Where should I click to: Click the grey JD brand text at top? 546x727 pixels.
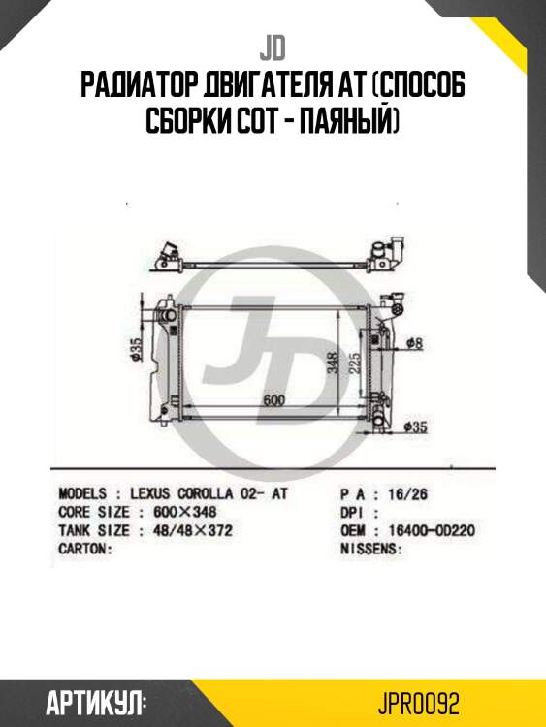pyautogui.click(x=273, y=50)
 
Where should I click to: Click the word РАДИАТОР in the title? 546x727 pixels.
pyautogui.click(x=140, y=85)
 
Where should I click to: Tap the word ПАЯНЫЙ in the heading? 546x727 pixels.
pyautogui.click(x=349, y=120)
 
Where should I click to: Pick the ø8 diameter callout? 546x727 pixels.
pyautogui.click(x=414, y=343)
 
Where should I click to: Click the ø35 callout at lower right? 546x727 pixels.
pyautogui.click(x=415, y=427)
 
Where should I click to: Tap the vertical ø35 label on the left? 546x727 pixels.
pyautogui.click(x=135, y=349)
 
